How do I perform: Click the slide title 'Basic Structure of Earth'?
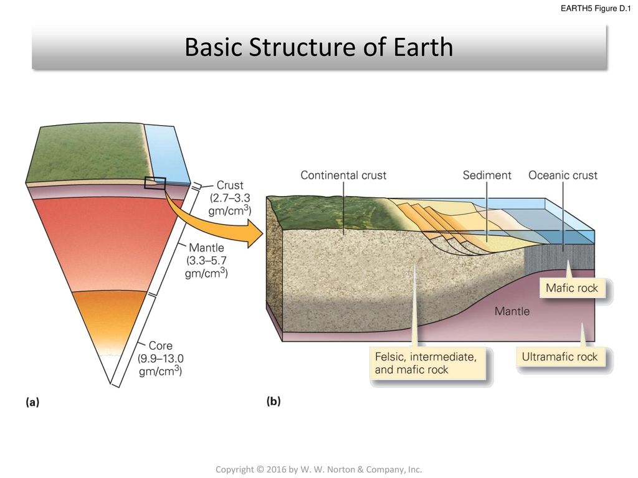click(318, 48)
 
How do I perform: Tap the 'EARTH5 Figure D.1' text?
click(594, 8)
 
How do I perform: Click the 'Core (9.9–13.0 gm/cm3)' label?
click(161, 358)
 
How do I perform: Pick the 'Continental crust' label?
click(343, 176)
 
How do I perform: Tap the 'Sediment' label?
click(487, 176)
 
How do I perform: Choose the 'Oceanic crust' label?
click(563, 176)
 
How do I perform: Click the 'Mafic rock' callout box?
click(571, 288)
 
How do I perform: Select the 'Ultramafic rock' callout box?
click(559, 357)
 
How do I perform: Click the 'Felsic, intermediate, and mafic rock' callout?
click(427, 363)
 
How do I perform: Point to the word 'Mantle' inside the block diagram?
click(512, 311)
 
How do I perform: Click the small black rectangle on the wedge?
click(155, 183)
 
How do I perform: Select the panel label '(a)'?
click(32, 402)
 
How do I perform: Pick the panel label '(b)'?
click(274, 402)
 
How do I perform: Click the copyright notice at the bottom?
click(318, 469)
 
